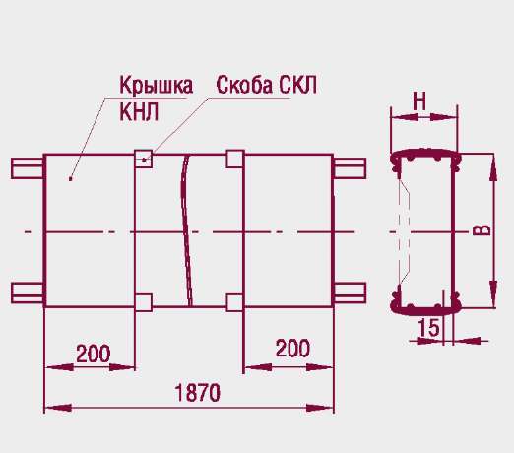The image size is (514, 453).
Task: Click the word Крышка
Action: coord(157,85)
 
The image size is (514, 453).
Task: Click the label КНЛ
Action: coord(139,112)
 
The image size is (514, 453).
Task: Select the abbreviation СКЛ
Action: coord(298,85)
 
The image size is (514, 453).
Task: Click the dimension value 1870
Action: coord(197,393)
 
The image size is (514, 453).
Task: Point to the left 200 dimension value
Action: coord(94,354)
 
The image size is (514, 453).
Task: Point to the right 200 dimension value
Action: coord(292,348)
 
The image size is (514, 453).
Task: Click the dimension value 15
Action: coord(428,327)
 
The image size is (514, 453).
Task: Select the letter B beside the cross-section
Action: coord(482,230)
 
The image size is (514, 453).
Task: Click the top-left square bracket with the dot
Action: coord(144,159)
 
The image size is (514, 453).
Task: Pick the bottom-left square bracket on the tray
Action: coord(144,302)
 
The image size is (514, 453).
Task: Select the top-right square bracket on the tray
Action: coord(235,159)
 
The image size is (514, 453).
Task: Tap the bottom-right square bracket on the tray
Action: coord(235,302)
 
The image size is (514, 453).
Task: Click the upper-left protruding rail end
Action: coord(28,168)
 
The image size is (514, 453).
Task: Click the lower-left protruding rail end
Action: coord(28,292)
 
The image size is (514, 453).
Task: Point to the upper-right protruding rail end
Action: coord(350,168)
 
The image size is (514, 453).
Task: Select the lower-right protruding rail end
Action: coord(350,292)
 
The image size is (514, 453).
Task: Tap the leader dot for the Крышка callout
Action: coord(70,179)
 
